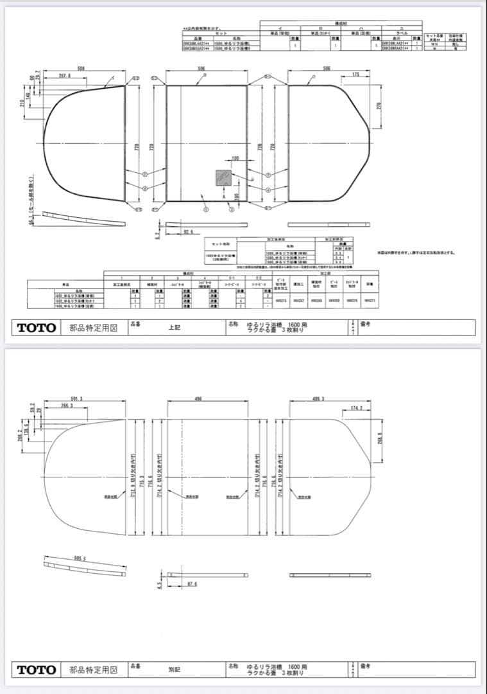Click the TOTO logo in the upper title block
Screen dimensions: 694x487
(37, 328)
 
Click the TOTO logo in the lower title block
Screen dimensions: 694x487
(37, 670)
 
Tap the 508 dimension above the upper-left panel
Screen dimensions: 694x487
(81, 67)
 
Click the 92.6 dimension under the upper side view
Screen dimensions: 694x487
(188, 232)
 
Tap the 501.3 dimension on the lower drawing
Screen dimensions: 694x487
(77, 399)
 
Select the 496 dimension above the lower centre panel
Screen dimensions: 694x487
(198, 399)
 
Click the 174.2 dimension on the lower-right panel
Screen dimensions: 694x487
(357, 408)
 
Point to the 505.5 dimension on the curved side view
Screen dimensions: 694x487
(80, 558)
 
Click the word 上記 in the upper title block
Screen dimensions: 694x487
(174, 328)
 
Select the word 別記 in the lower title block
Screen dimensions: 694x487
(174, 670)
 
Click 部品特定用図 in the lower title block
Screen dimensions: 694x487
(94, 670)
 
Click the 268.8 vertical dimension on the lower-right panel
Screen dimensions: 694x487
(380, 438)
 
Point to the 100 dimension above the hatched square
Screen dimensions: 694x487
(235, 158)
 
